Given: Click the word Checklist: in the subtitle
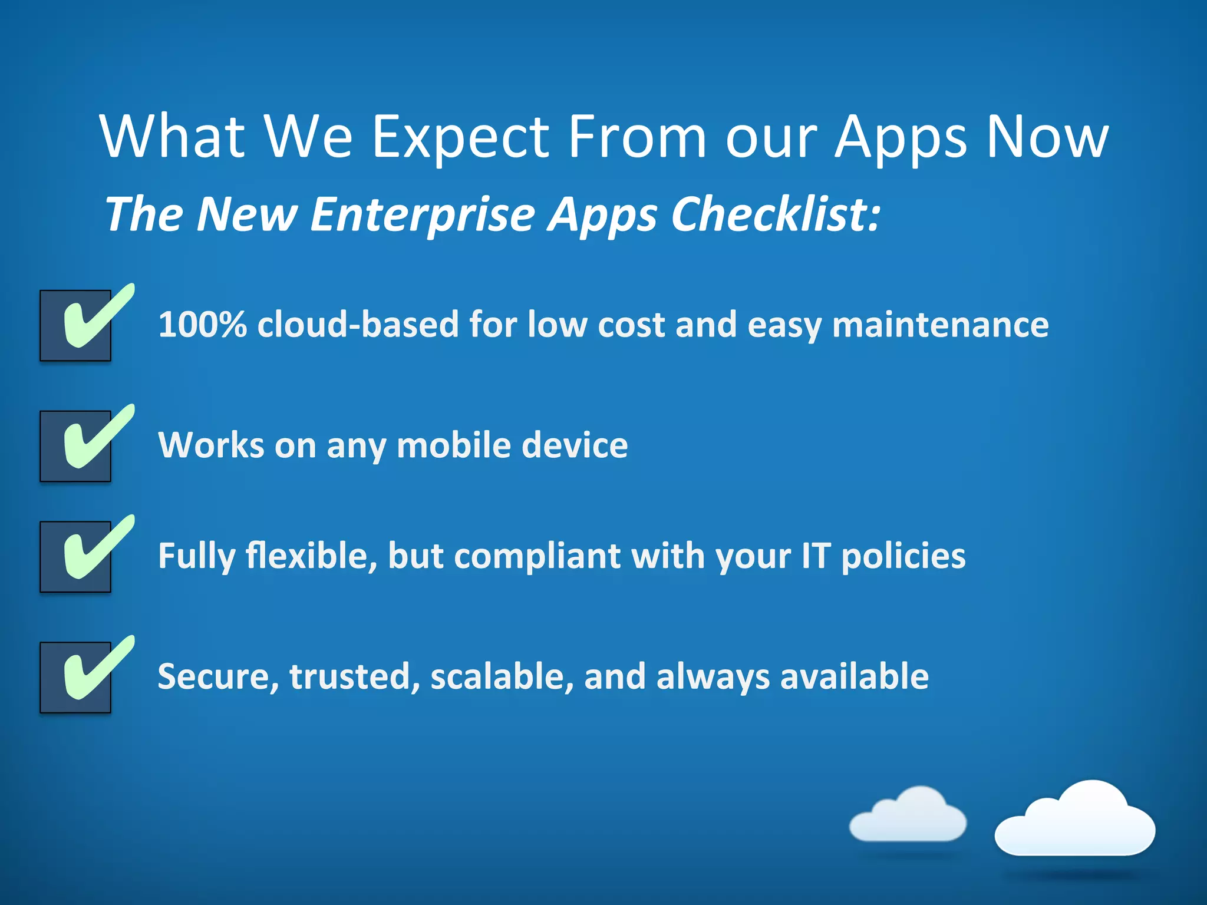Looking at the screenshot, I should [x=776, y=213].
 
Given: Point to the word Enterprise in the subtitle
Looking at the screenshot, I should [x=422, y=214].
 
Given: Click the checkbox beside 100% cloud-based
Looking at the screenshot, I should [x=75, y=325].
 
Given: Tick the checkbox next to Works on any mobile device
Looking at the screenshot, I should [x=75, y=445].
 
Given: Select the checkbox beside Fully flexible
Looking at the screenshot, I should [x=75, y=556].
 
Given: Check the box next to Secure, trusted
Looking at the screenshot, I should [x=75, y=677].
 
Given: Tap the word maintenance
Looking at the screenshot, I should [x=940, y=325].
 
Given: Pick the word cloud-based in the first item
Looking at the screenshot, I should [x=358, y=325].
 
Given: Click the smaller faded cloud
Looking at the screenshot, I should [x=908, y=815].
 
